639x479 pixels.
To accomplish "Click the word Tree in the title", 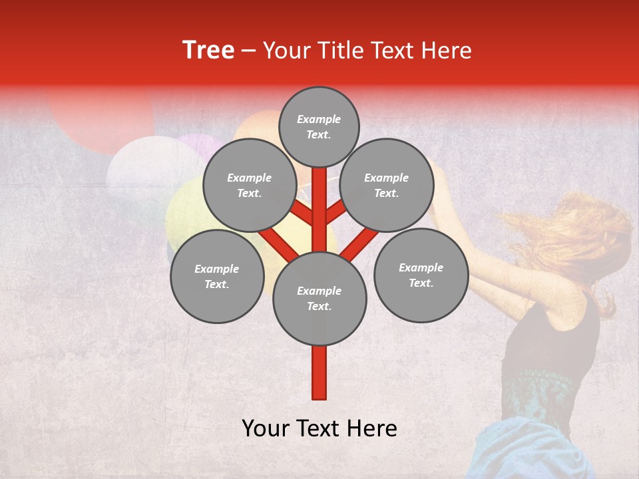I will (x=208, y=51).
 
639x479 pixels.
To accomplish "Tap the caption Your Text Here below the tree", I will (x=319, y=428).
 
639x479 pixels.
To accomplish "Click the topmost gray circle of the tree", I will (x=319, y=126).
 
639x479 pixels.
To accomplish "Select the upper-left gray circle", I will (x=249, y=185).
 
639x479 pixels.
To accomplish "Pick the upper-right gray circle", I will (x=387, y=185).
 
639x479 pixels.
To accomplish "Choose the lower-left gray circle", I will (x=217, y=276).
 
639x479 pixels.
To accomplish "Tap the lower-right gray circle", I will (x=421, y=275).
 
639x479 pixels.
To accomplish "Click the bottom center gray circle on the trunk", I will (x=319, y=298).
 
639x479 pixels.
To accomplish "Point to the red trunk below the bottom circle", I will (x=319, y=373).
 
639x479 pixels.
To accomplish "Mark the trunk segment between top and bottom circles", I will (x=319, y=210).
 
